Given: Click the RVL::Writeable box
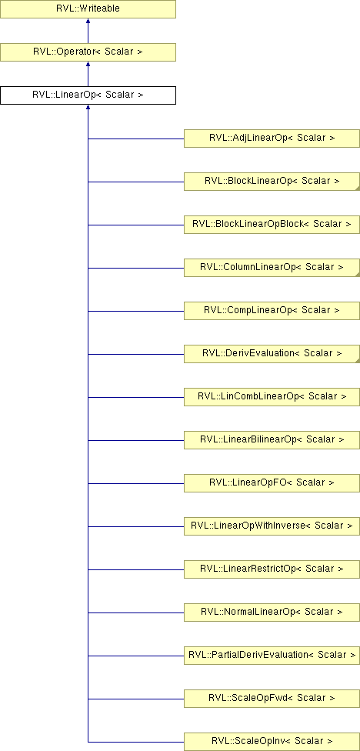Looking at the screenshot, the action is pos(88,9).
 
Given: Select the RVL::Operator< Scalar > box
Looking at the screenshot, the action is pos(88,52).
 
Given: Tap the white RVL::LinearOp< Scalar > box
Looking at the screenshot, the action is pos(88,95).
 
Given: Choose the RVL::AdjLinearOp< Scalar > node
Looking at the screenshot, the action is pos(272,139).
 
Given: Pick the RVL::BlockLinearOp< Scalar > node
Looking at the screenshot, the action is pos(272,182).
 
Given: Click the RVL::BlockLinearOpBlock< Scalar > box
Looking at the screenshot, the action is pos(272,225).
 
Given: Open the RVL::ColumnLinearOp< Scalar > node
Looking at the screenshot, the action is pos(272,268).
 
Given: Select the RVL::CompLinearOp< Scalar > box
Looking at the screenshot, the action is pos(272,311).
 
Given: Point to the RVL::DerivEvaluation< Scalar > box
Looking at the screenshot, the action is pos(272,354).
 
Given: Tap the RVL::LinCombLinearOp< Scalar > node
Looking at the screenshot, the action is pos(272,397).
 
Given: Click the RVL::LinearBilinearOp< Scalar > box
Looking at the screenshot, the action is pos(272,440).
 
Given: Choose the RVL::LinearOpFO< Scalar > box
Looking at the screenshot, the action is pos(272,483).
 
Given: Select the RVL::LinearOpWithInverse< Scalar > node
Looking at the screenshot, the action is pos(272,526).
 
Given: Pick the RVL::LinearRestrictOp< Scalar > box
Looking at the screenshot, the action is pos(272,569).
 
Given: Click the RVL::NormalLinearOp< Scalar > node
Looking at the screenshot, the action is pos(272,612).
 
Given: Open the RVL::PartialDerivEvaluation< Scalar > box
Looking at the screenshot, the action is pos(272,656).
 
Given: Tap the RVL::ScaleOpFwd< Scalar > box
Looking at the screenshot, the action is pos(272,699).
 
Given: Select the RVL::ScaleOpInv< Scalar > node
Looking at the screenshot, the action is pos(272,742).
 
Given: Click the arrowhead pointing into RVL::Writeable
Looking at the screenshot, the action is pos(88,22).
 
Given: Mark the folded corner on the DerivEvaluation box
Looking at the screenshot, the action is pos(358,361).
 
